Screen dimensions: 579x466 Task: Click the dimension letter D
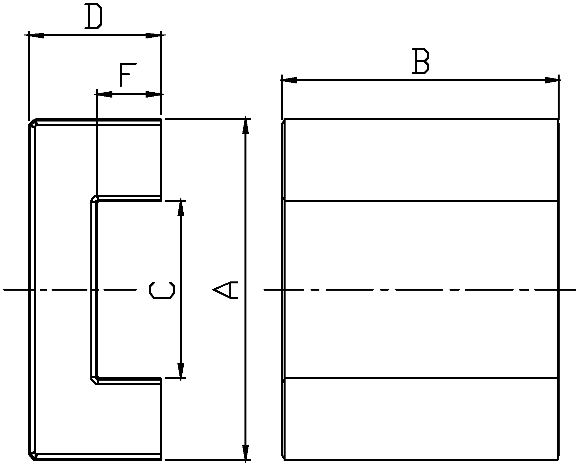[x=94, y=16]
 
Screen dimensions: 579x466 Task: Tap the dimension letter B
[x=421, y=61]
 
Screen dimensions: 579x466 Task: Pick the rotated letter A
[x=225, y=289]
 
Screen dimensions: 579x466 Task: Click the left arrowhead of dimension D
[x=36, y=35]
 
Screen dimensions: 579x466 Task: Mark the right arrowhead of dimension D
[x=153, y=35]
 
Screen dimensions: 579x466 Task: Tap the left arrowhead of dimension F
[x=105, y=95]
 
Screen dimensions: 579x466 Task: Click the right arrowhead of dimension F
[x=153, y=95]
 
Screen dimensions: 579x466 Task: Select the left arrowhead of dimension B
[x=289, y=80]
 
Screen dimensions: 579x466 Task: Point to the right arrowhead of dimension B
[x=552, y=80]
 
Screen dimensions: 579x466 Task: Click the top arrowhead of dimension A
[x=245, y=127]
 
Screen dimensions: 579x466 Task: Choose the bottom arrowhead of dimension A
[x=245, y=452]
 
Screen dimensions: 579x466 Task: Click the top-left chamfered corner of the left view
[x=33, y=123]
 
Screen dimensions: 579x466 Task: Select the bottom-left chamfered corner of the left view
[x=33, y=456]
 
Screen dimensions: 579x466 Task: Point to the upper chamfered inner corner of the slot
[x=94, y=199]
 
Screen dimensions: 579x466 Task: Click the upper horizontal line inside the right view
[x=421, y=201]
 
